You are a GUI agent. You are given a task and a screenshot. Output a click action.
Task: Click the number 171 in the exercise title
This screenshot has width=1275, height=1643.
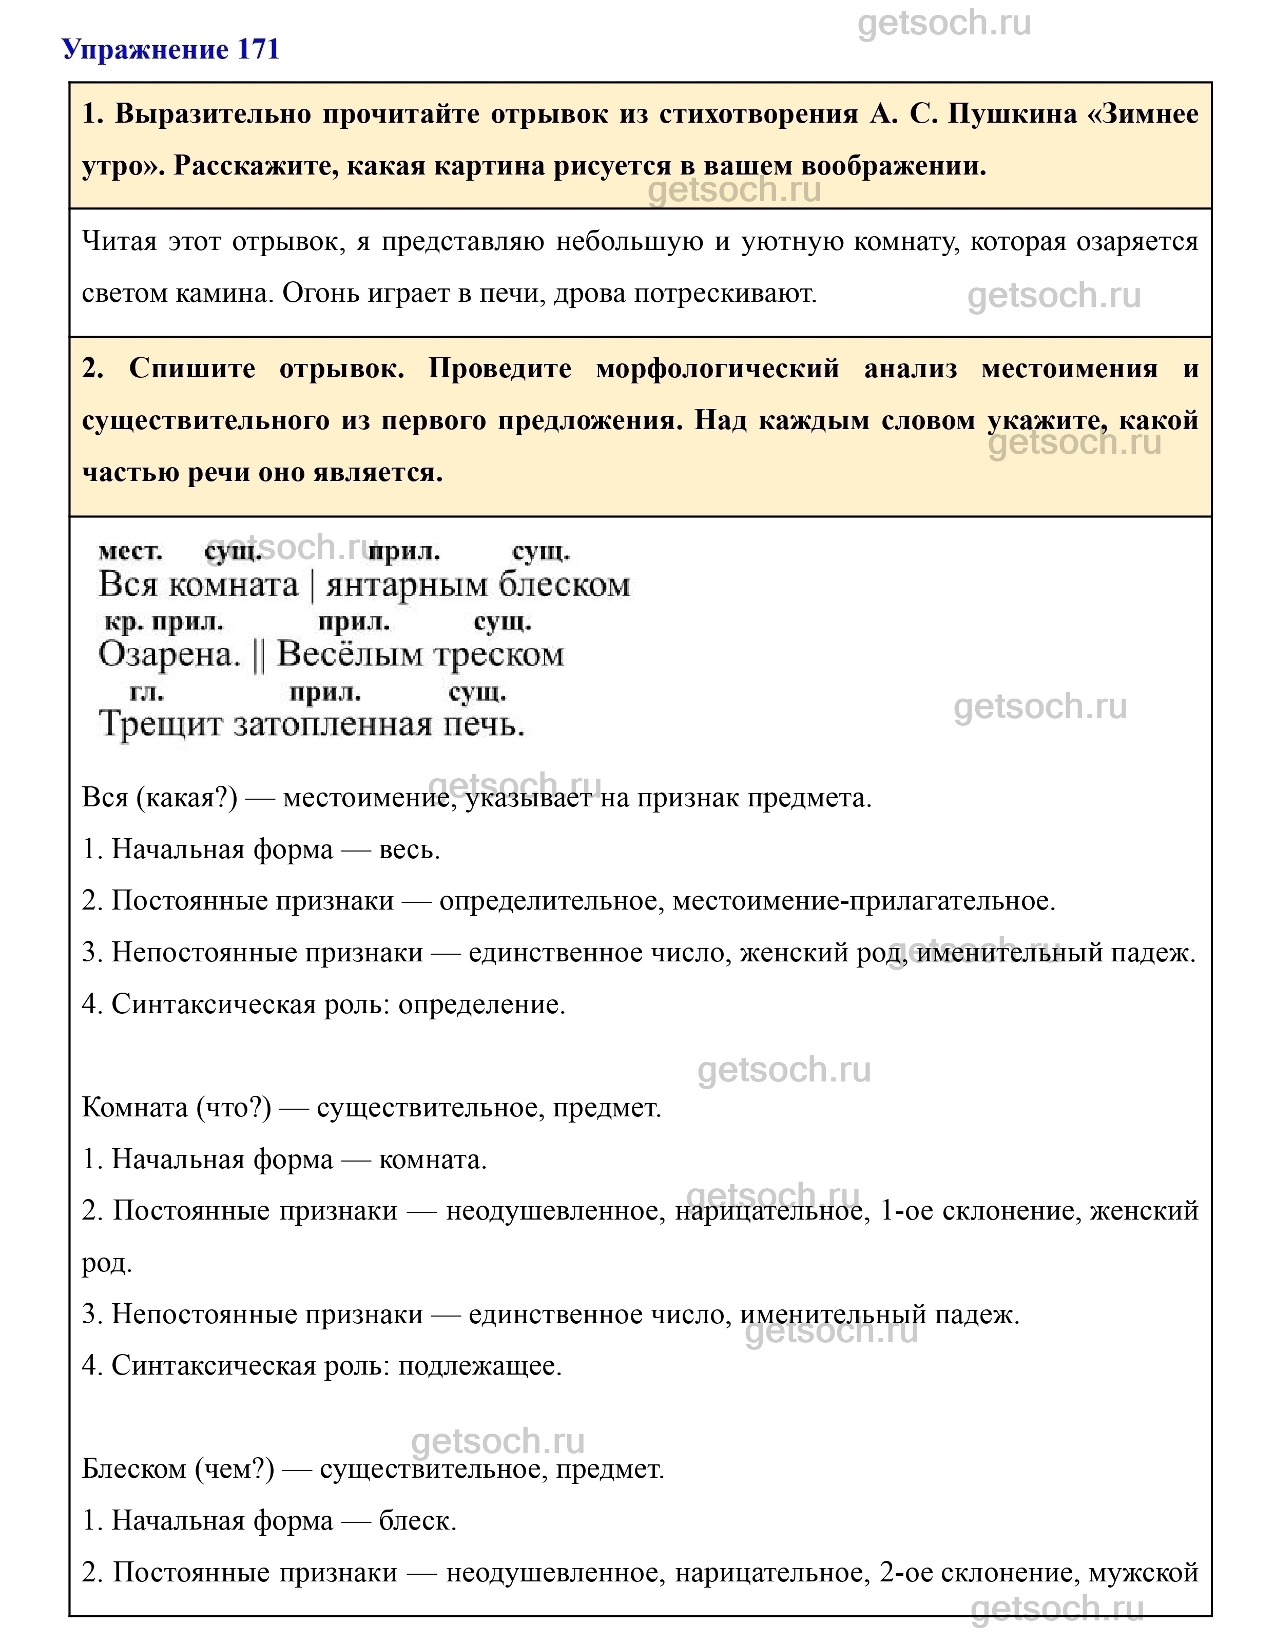click(x=258, y=50)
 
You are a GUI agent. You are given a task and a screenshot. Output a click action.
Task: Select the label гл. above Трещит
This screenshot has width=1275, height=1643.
click(x=147, y=692)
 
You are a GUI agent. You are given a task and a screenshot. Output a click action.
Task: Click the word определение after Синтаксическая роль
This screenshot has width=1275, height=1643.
click(x=481, y=1004)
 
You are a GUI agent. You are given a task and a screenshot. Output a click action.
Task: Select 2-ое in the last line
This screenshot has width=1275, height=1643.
click(x=906, y=1572)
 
